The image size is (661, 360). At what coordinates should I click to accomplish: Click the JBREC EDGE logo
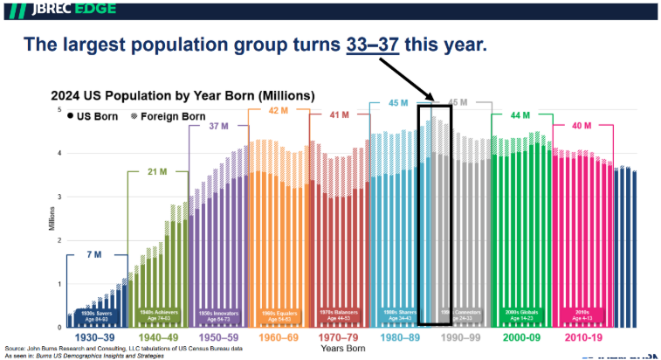tap(59, 10)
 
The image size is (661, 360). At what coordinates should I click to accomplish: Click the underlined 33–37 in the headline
tap(376, 45)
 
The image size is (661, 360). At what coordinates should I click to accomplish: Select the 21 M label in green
tap(159, 170)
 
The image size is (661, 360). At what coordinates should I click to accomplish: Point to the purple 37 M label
tap(218, 126)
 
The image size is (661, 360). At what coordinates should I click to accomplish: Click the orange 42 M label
tap(279, 110)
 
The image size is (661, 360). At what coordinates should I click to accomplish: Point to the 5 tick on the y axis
tap(59, 109)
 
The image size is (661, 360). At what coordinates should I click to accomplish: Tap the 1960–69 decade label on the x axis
tap(279, 336)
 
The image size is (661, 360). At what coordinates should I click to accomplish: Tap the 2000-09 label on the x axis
tap(520, 336)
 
